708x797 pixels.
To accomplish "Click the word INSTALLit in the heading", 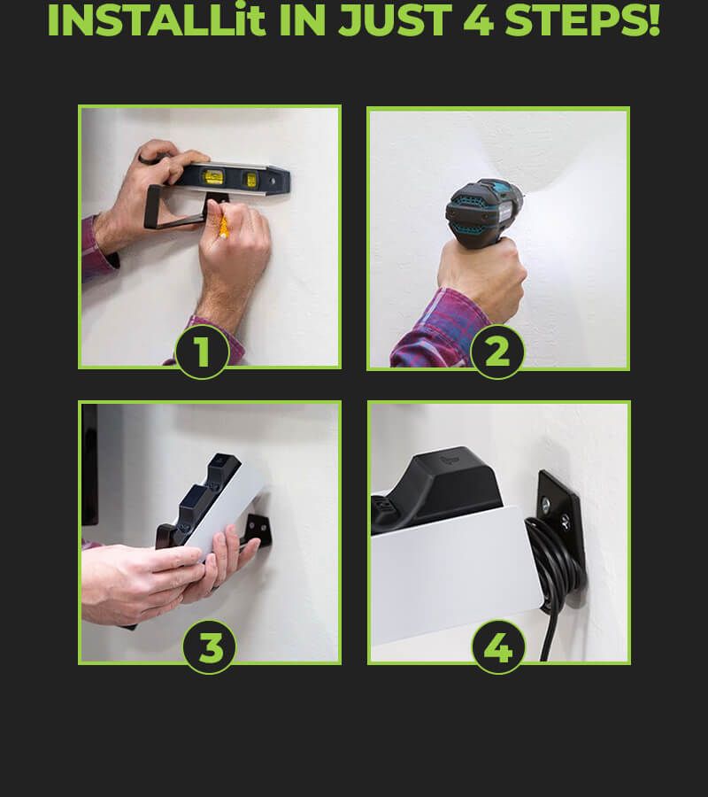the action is click(x=157, y=19).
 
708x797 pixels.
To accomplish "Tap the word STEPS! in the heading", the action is click(x=582, y=19).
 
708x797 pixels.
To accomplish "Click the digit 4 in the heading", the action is click(x=478, y=20).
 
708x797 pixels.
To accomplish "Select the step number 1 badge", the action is click(x=202, y=352).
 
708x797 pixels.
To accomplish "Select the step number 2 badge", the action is click(x=497, y=352).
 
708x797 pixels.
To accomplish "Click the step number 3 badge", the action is click(x=209, y=647).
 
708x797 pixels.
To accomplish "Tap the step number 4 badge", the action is click(x=498, y=647).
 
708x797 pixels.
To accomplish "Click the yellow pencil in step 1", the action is click(x=222, y=226).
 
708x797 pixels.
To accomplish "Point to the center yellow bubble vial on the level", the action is click(x=212, y=177).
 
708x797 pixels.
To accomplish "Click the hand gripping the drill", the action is click(x=481, y=277).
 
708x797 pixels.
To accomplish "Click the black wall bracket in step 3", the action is click(x=258, y=531).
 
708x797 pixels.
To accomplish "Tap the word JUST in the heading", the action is click(x=395, y=20).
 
